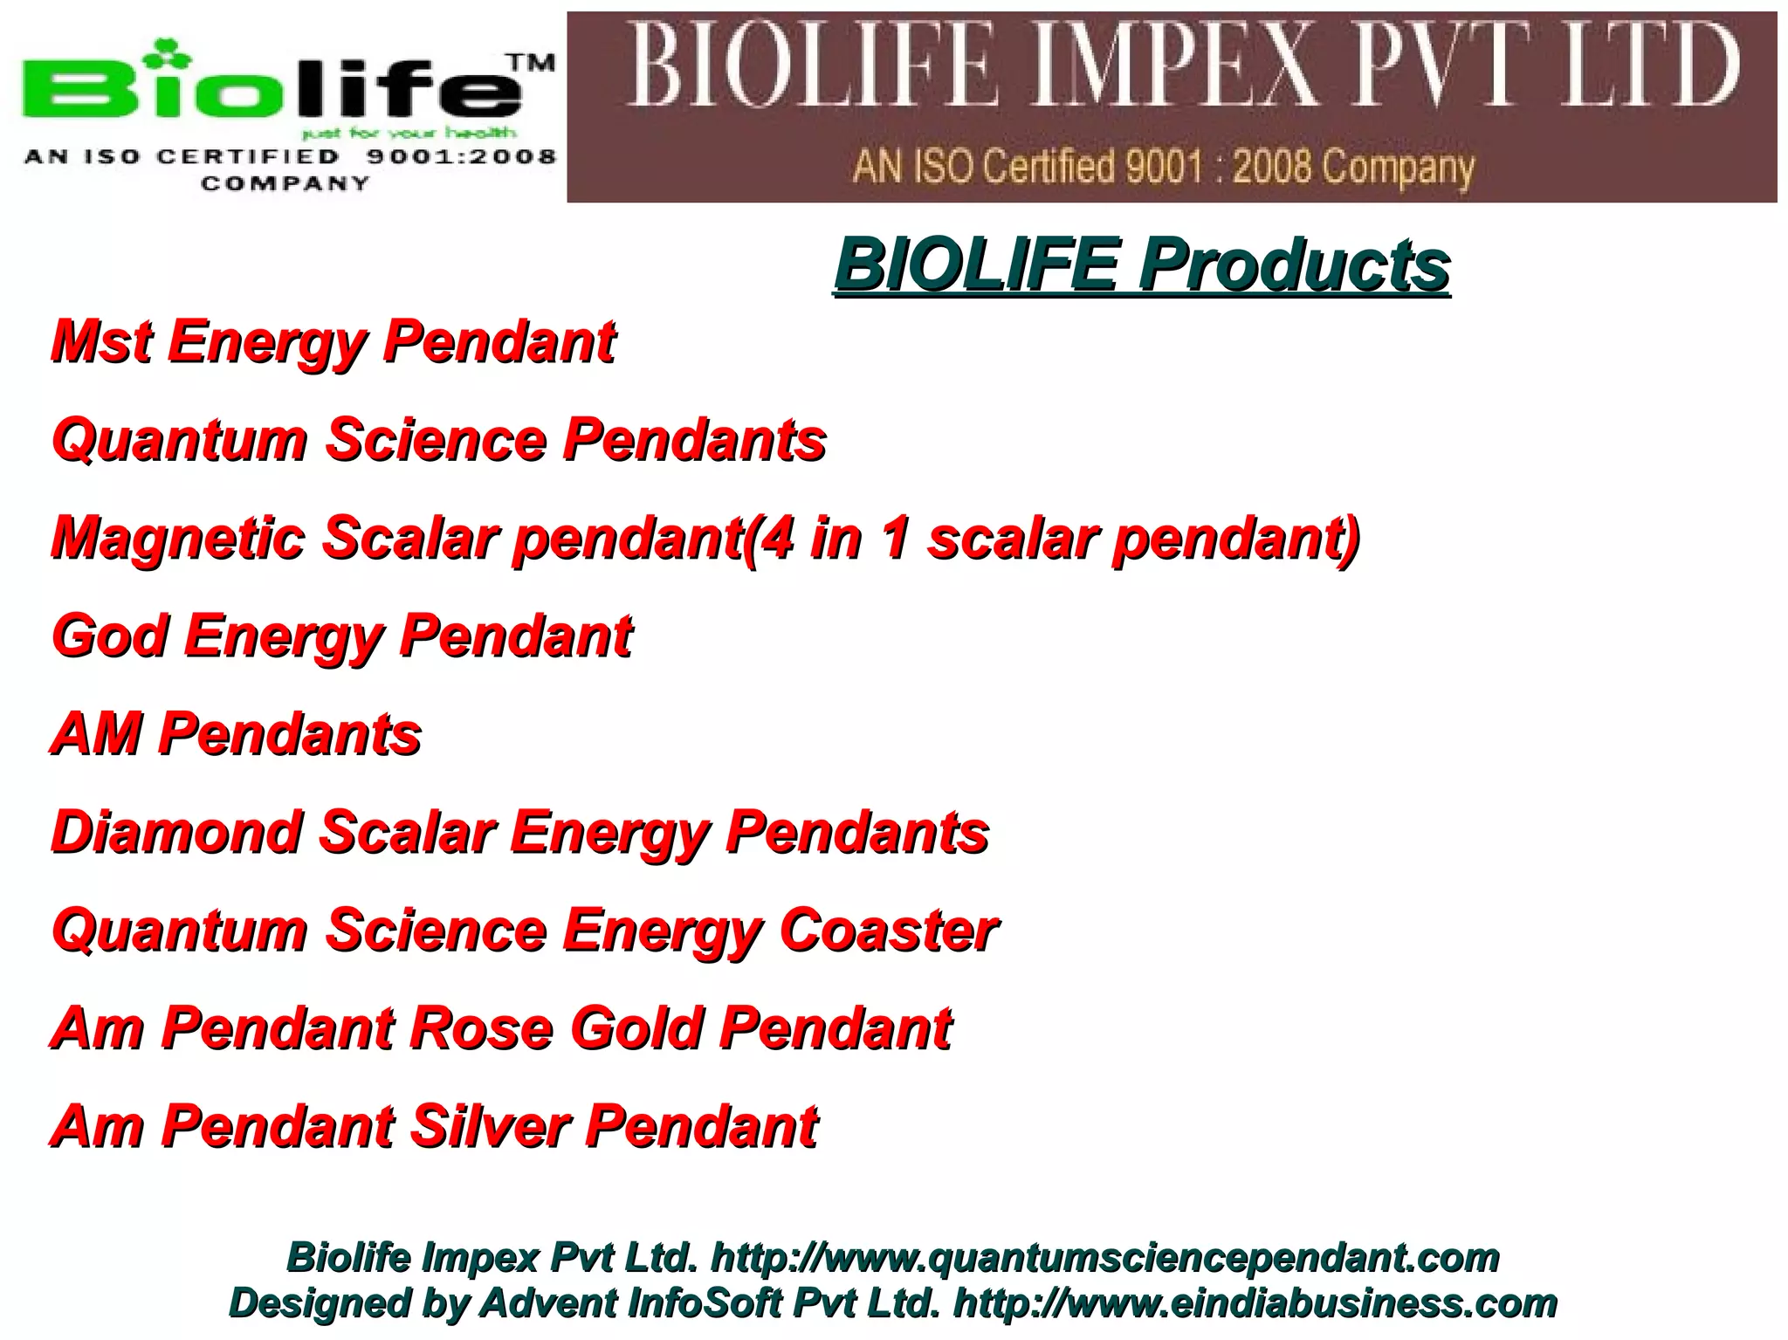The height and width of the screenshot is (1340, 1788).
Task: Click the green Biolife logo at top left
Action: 271,87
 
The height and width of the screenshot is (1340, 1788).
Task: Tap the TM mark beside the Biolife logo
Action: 531,63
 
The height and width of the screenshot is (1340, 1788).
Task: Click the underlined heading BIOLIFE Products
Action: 1142,265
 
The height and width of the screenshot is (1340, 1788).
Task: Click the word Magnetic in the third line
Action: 178,538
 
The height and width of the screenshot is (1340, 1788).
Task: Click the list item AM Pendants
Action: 237,733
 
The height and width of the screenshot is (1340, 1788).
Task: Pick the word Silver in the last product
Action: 490,1126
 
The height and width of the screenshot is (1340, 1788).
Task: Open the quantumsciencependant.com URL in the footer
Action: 1104,1258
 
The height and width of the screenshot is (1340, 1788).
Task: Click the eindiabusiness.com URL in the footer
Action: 1255,1303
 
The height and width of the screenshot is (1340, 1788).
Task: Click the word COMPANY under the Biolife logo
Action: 285,183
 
